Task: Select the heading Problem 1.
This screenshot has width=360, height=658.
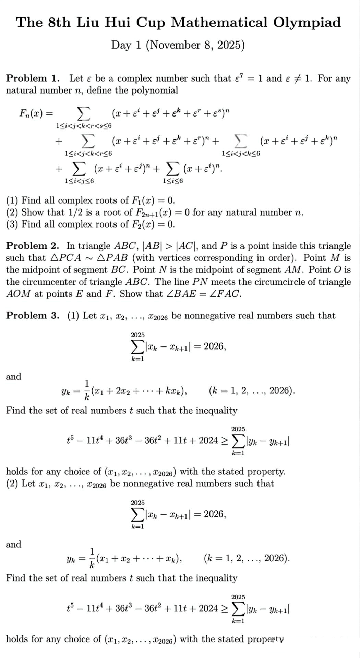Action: coord(33,78)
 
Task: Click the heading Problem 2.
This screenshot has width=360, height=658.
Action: coord(33,246)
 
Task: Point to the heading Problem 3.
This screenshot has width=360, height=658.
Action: coord(33,316)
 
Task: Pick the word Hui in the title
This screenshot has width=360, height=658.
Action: coord(117,23)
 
